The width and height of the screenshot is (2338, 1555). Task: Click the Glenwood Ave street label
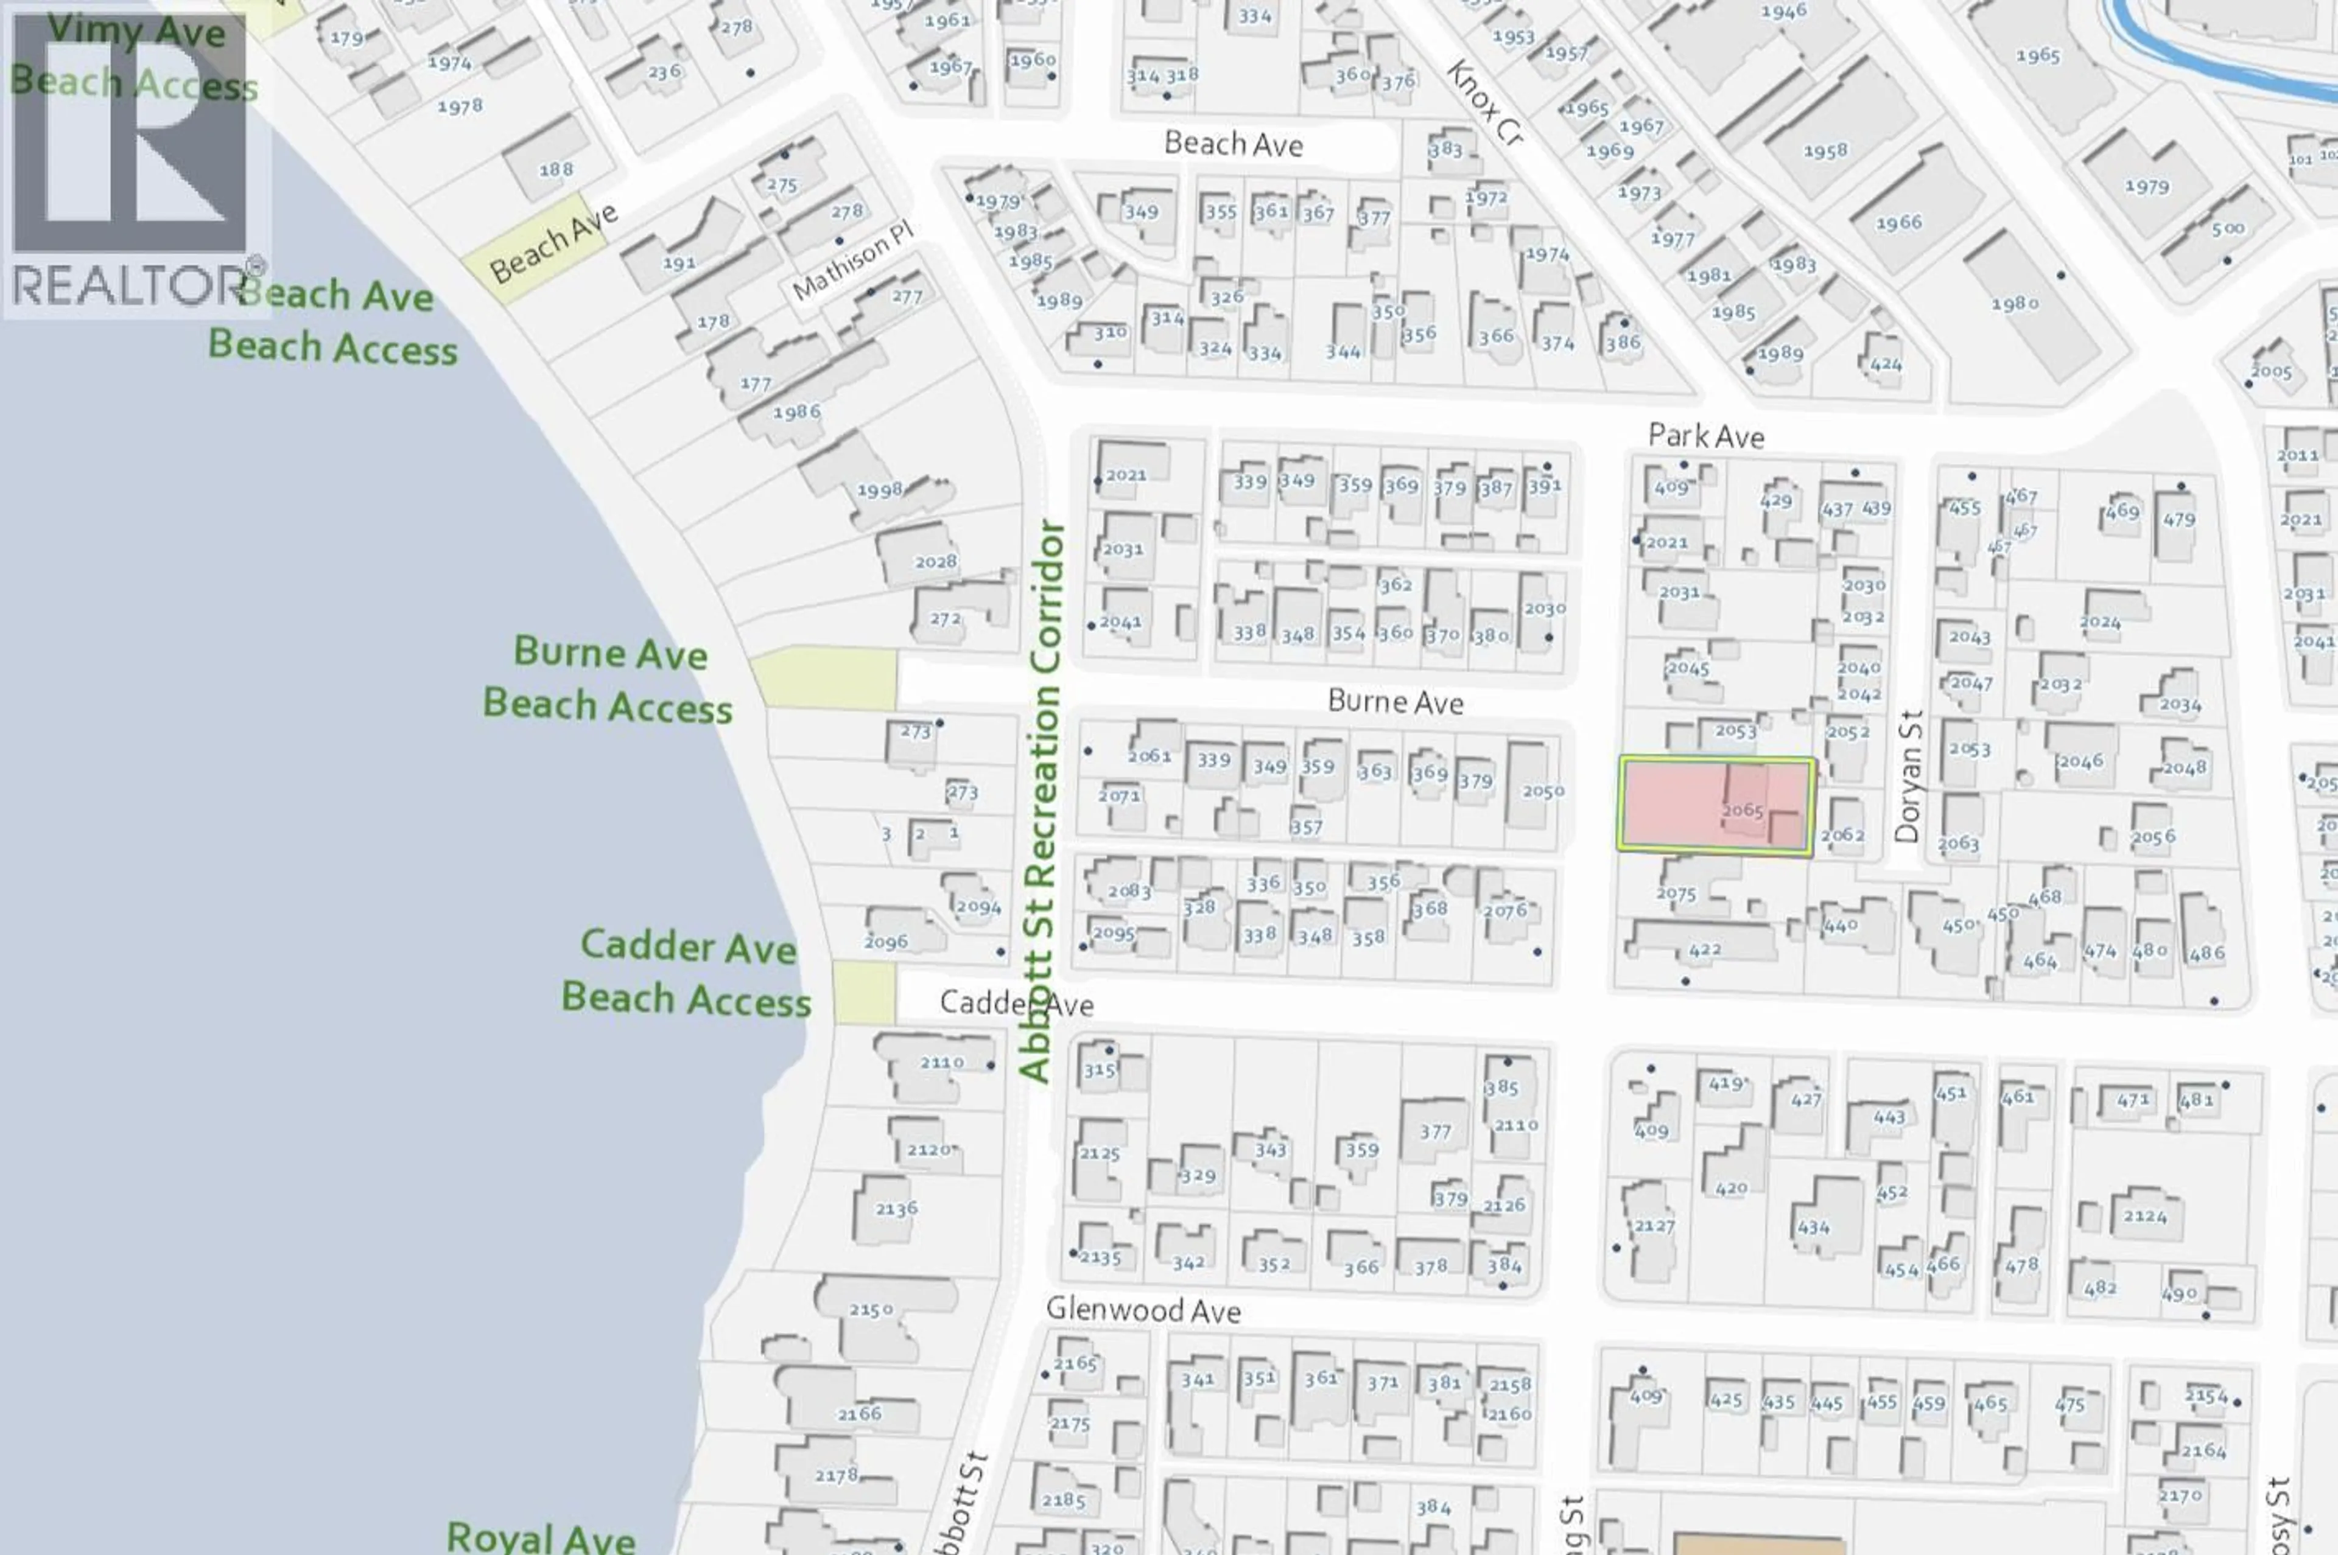[1143, 1310]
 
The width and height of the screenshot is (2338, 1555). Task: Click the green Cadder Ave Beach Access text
[686, 972]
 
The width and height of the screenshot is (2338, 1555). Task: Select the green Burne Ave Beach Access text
[608, 679]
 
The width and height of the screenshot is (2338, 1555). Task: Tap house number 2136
[896, 1209]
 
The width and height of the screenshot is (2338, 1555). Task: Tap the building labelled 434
[1814, 1228]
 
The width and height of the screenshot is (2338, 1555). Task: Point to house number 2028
[935, 561]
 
